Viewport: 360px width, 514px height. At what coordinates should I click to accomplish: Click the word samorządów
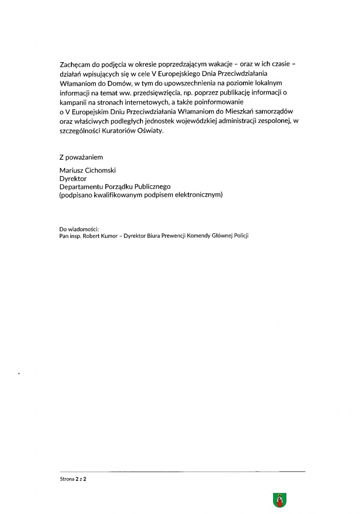(x=280, y=112)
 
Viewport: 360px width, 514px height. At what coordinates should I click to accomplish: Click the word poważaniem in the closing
(x=84, y=157)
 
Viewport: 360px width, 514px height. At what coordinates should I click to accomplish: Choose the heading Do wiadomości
(x=79, y=229)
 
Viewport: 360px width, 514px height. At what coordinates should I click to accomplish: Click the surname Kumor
(x=110, y=236)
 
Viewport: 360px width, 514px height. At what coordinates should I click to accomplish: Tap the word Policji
(x=241, y=236)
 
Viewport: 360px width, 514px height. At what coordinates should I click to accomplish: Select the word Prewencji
(x=170, y=236)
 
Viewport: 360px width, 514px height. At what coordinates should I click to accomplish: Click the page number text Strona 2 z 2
(x=73, y=480)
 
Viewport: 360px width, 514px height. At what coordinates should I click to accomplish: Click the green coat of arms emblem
(x=280, y=500)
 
